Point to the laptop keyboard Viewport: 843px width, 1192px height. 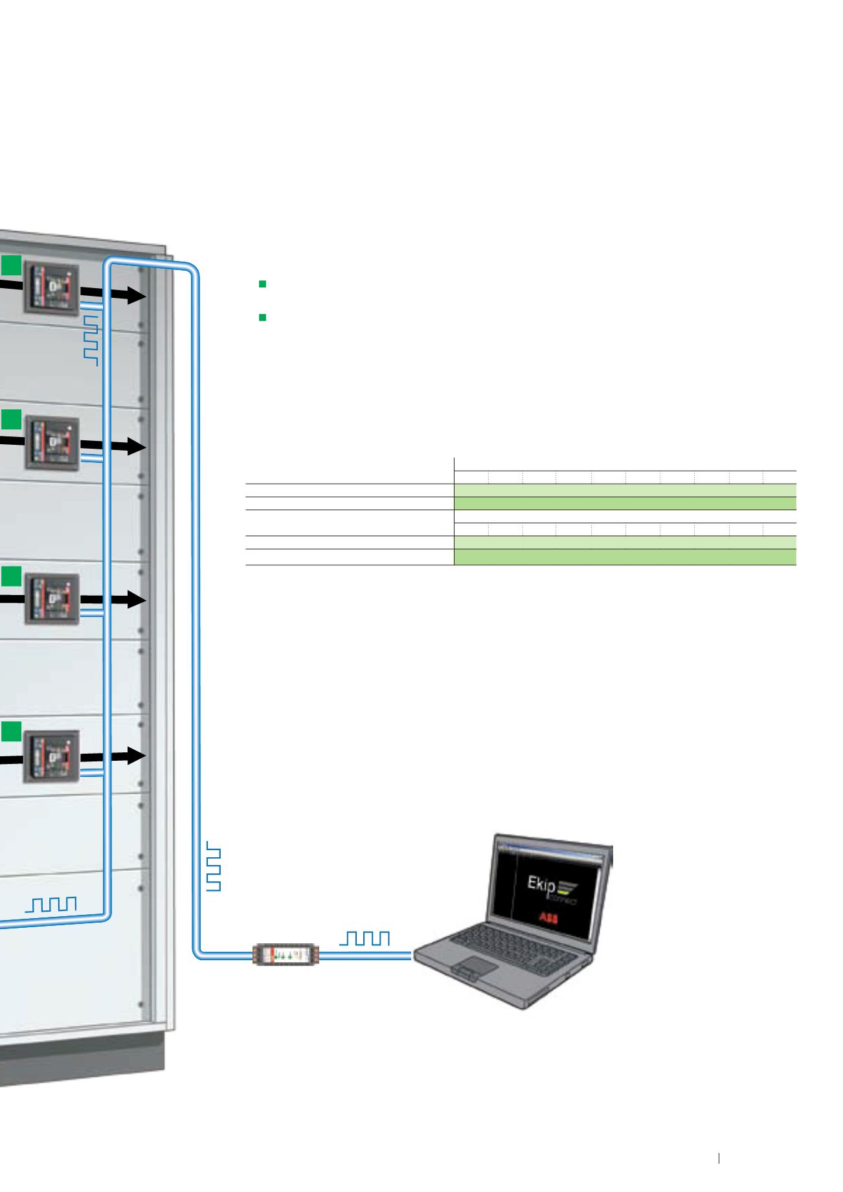(x=511, y=941)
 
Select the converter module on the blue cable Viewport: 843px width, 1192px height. (x=286, y=954)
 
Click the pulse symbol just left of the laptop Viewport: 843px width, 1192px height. (x=367, y=938)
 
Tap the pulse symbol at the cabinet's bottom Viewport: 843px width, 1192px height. (x=51, y=904)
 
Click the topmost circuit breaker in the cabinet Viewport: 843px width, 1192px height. (x=51, y=289)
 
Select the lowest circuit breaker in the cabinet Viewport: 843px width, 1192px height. (x=52, y=756)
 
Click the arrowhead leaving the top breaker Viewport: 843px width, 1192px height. (x=135, y=295)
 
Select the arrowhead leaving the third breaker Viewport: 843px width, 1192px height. (x=135, y=600)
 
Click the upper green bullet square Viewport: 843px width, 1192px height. (x=263, y=284)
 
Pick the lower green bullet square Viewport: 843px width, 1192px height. (x=263, y=317)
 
